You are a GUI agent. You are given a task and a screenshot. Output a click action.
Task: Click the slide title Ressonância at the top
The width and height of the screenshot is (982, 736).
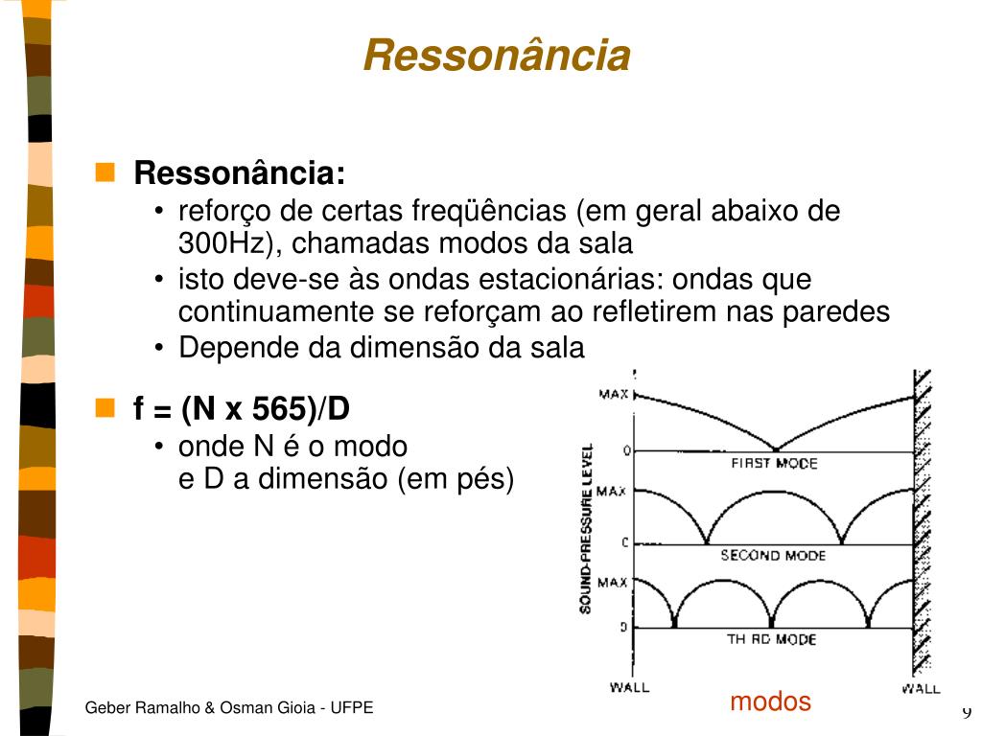[x=497, y=55]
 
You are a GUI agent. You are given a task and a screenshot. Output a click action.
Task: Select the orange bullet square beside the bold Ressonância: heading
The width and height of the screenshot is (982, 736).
[x=105, y=172]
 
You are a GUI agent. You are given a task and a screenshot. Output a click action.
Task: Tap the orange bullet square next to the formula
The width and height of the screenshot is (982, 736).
[x=105, y=407]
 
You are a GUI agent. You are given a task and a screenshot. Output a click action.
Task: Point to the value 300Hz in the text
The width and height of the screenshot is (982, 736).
[x=223, y=242]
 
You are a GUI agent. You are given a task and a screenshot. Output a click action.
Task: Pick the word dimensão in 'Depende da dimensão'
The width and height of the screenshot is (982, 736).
[x=414, y=347]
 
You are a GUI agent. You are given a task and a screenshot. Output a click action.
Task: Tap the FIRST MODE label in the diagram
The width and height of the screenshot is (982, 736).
[x=774, y=463]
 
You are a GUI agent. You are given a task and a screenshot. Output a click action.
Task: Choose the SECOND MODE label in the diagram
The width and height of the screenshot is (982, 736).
[x=773, y=555]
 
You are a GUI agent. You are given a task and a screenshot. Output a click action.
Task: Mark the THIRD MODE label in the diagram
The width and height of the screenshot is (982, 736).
[x=772, y=639]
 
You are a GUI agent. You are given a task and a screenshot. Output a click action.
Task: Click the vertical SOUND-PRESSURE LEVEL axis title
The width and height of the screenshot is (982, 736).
[x=586, y=529]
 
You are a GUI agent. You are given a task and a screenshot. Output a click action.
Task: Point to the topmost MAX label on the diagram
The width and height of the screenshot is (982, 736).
[x=613, y=394]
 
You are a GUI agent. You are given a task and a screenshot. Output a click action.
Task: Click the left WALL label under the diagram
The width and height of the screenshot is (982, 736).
[x=629, y=687]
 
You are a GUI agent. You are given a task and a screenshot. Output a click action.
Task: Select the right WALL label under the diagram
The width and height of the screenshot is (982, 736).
[x=921, y=688]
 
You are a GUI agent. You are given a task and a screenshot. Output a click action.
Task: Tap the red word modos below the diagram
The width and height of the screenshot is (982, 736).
[x=770, y=701]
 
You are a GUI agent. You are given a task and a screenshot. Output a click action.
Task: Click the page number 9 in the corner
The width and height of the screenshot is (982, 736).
[x=967, y=711]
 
